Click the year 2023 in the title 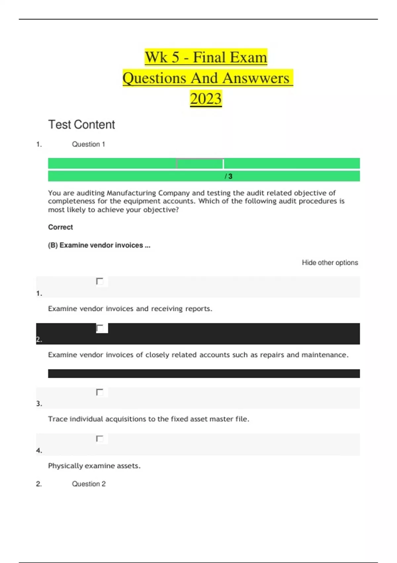[x=205, y=99]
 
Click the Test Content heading [x=81, y=125]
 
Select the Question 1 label [x=88, y=144]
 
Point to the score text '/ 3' [x=229, y=177]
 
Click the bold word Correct [x=61, y=227]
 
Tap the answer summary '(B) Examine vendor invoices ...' [x=99, y=245]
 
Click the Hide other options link [x=330, y=263]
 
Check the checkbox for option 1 [x=100, y=281]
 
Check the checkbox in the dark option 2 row [x=100, y=328]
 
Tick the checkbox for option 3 [x=100, y=392]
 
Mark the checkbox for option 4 [x=100, y=438]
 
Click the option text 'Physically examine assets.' [x=94, y=466]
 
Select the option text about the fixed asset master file [x=149, y=419]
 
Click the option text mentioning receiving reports [x=130, y=309]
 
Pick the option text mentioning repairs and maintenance [x=198, y=355]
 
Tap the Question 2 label [x=89, y=484]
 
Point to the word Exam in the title [x=248, y=57]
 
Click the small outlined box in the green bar [x=200, y=163]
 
